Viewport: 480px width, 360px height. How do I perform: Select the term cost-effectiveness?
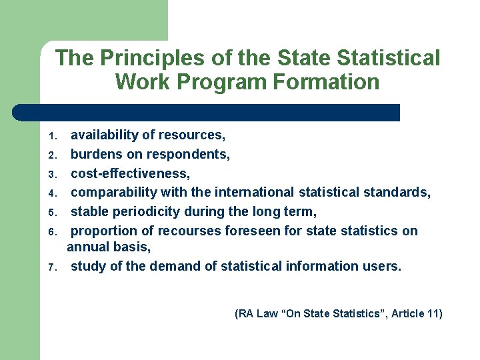130,173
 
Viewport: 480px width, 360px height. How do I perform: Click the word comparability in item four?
111,193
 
